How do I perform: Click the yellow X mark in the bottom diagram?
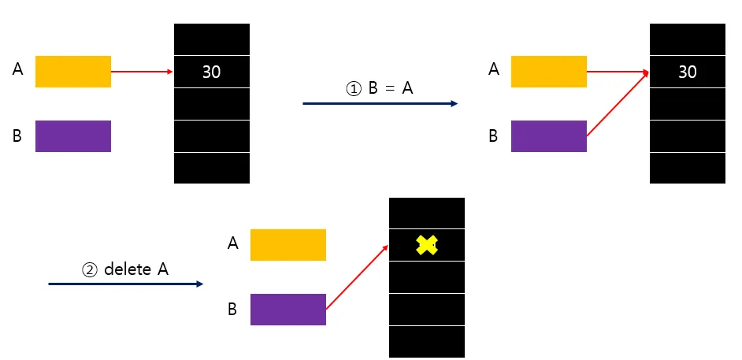tap(426, 245)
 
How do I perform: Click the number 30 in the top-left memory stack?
tap(211, 72)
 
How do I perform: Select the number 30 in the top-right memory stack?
tap(687, 72)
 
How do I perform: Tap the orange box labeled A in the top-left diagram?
tap(73, 72)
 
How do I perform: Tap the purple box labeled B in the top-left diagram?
tap(73, 135)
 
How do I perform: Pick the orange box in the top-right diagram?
tap(549, 72)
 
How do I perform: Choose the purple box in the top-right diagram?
tap(549, 135)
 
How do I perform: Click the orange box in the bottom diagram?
tap(288, 245)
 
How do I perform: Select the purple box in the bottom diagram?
tap(288, 309)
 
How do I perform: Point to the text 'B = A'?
tap(391, 88)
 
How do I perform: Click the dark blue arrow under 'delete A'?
tap(126, 284)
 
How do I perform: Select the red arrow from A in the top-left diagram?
tap(142, 72)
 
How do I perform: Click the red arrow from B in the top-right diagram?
tap(618, 104)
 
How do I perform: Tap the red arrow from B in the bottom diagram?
tap(357, 276)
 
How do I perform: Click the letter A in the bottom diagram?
tap(232, 243)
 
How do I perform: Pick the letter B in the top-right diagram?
tap(493, 135)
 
